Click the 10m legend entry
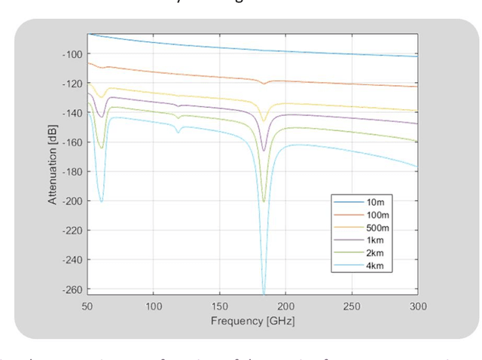(377, 203)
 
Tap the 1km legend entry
(377, 241)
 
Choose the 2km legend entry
(377, 253)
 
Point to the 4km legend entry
(377, 266)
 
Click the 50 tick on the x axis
(87, 307)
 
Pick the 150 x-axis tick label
(219, 307)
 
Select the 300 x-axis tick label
(418, 307)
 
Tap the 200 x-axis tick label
(285, 307)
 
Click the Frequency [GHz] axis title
(252, 321)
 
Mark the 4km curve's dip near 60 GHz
(101, 201)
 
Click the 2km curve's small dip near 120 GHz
(178, 132)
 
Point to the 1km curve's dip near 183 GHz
(264, 149)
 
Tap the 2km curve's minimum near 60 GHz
(101, 148)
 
